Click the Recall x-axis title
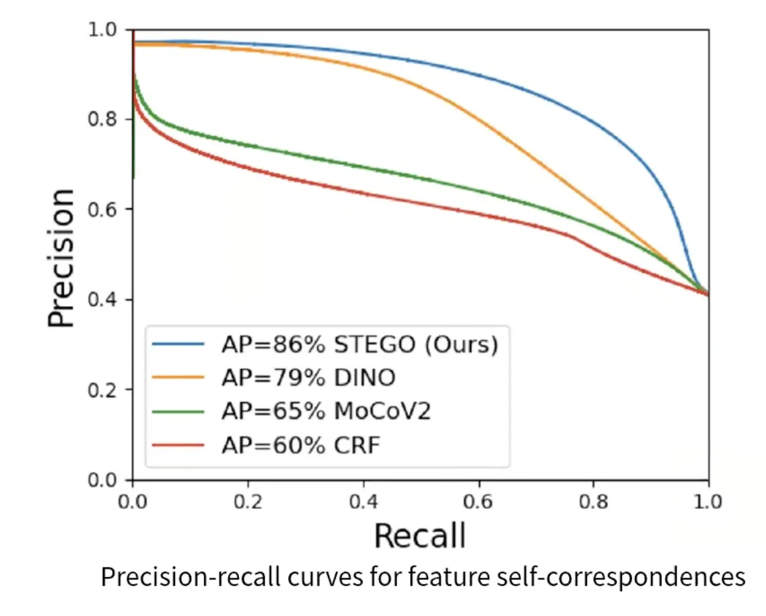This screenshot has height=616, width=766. pyautogui.click(x=420, y=536)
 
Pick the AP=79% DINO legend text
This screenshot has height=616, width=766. pyautogui.click(x=308, y=378)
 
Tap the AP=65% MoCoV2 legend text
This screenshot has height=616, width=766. pyautogui.click(x=326, y=411)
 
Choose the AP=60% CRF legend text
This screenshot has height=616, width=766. pyautogui.click(x=301, y=445)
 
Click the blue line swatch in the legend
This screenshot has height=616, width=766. pyautogui.click(x=178, y=344)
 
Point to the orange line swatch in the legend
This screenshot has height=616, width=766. pyautogui.click(x=178, y=378)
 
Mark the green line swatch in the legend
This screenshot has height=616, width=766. pyautogui.click(x=178, y=411)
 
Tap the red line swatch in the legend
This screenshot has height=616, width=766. pyautogui.click(x=178, y=445)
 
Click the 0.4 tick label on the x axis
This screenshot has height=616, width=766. pyautogui.click(x=363, y=502)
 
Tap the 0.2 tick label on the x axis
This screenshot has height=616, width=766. pyautogui.click(x=248, y=502)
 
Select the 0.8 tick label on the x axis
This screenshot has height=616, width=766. pyautogui.click(x=593, y=502)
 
